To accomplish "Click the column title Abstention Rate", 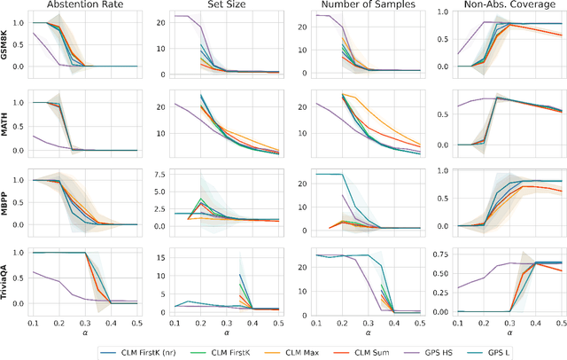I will coord(85,6).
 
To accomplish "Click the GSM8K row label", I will coord(7,43).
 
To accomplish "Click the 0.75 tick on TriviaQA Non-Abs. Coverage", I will coord(433,253).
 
